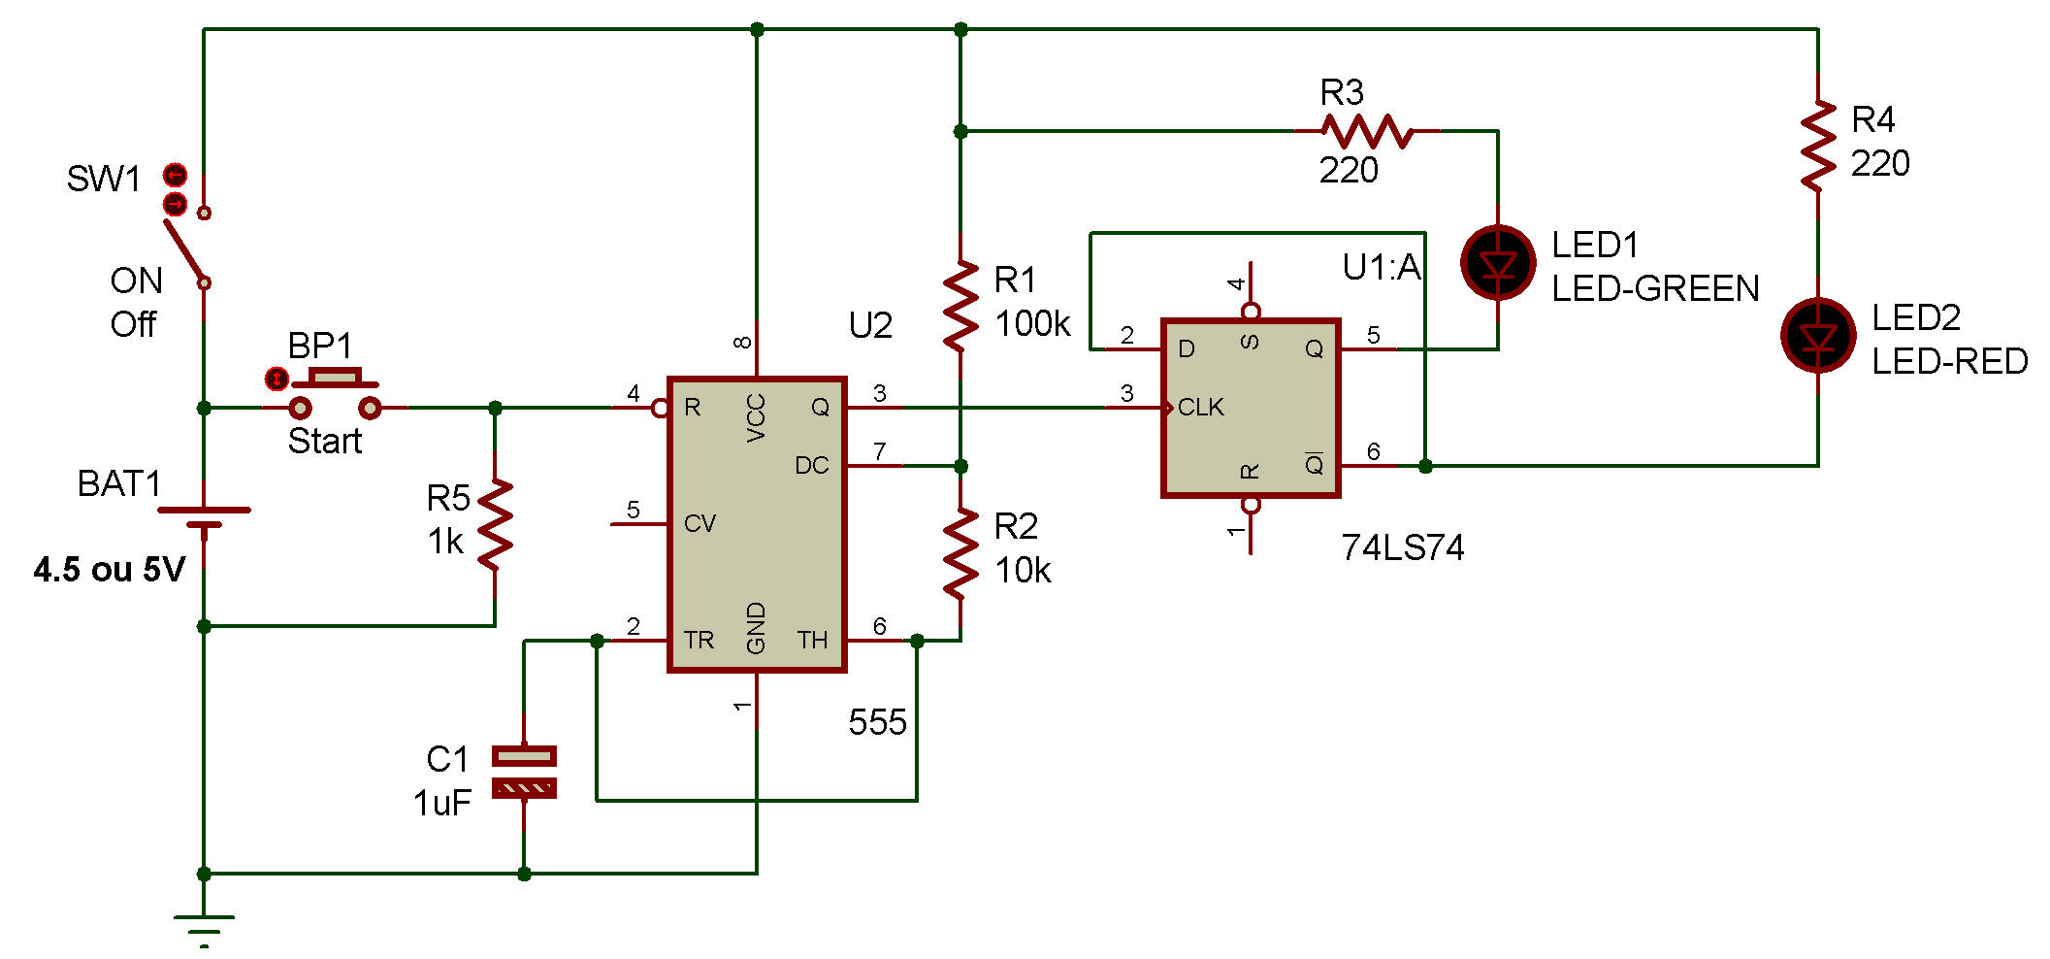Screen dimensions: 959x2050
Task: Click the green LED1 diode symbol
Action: click(1498, 263)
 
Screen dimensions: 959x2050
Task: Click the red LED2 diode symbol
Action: click(1817, 336)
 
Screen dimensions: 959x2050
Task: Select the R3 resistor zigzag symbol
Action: click(1367, 131)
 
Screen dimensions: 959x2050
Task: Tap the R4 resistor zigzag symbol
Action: click(1817, 146)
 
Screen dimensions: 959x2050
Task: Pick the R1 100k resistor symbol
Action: click(960, 305)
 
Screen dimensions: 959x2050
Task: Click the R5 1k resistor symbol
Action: click(495, 524)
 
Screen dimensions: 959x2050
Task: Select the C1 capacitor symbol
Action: click(524, 772)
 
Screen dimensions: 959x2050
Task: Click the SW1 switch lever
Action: click(184, 248)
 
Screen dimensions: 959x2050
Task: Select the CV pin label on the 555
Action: click(700, 524)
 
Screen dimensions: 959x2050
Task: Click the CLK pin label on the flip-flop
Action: click(1201, 408)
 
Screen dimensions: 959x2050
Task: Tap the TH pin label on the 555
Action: click(812, 641)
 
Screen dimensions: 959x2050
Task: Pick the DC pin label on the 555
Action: click(811, 466)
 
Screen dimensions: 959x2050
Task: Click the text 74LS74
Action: click(1402, 548)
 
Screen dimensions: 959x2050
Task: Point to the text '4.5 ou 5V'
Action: click(110, 570)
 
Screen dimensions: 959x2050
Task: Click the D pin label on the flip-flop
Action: click(1186, 349)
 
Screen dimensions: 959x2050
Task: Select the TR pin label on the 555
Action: click(699, 641)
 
